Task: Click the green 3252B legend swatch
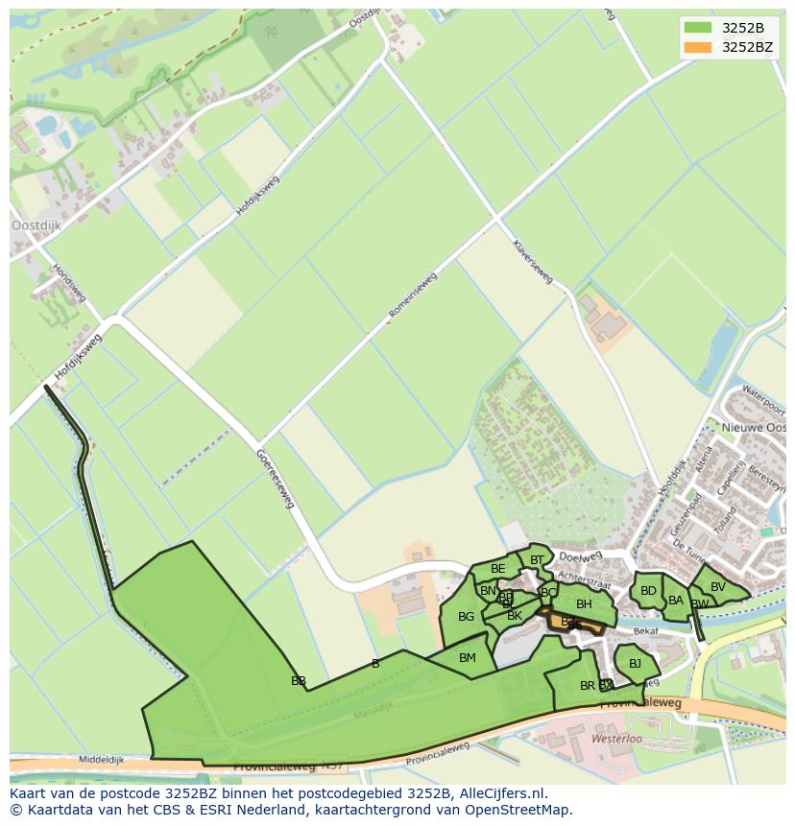tap(698, 27)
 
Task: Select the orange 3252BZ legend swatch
tap(698, 47)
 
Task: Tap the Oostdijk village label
tap(36, 224)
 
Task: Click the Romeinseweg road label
tap(413, 295)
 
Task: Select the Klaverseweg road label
tap(533, 262)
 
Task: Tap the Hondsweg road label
tap(69, 283)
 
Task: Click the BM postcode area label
tap(468, 658)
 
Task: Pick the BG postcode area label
tap(466, 617)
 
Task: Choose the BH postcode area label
tap(584, 604)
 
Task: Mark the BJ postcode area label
tap(635, 663)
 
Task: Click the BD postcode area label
tap(648, 591)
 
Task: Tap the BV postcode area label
tap(718, 587)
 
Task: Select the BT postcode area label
tap(537, 560)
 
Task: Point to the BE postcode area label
tap(497, 569)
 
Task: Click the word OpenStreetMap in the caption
tap(516, 810)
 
